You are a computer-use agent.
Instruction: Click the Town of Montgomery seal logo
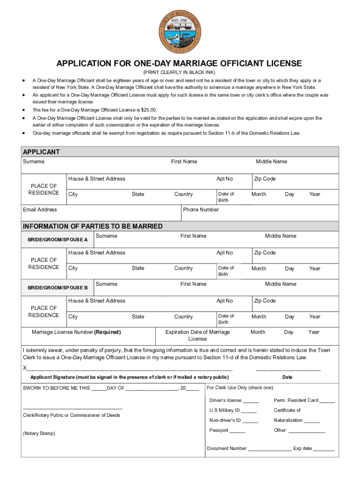[180, 32]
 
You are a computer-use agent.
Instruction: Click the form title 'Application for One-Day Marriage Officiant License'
[180, 64]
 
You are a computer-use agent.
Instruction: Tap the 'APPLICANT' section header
[42, 152]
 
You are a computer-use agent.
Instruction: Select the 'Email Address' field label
[40, 210]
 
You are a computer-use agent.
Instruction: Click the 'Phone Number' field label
[201, 210]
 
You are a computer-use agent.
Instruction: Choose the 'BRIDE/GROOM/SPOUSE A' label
[58, 239]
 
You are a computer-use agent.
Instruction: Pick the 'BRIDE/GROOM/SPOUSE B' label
[58, 288]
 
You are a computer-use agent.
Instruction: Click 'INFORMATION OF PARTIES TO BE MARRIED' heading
[93, 226]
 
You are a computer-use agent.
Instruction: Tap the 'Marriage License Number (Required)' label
[76, 332]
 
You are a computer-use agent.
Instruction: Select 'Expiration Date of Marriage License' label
[198, 335]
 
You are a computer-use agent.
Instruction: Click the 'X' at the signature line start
[25, 368]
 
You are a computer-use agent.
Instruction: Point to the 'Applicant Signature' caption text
[130, 377]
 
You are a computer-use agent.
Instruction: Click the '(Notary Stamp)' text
[39, 434]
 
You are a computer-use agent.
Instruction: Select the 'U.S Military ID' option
[224, 410]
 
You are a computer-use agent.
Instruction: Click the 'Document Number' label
[227, 448]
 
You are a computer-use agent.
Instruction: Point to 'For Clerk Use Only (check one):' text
[240, 387]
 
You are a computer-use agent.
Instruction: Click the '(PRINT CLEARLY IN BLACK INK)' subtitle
[180, 73]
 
